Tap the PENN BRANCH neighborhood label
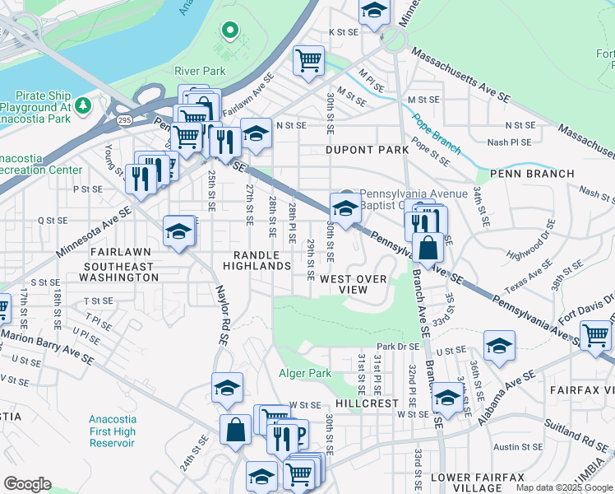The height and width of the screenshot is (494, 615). [x=531, y=174]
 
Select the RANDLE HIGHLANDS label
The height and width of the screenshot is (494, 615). [x=262, y=260]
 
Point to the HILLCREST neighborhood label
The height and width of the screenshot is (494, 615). [x=366, y=404]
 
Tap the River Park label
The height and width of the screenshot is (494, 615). [x=200, y=71]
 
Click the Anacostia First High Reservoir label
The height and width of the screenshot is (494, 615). [x=112, y=431]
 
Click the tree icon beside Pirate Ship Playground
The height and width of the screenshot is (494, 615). [x=82, y=105]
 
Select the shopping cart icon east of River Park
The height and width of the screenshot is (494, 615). [x=308, y=59]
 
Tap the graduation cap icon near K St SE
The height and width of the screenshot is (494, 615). [x=373, y=12]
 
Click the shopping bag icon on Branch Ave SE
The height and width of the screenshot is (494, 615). [x=428, y=246]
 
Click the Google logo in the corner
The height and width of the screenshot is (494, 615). [x=27, y=484]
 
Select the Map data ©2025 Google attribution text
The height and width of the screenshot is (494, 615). [x=563, y=487]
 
